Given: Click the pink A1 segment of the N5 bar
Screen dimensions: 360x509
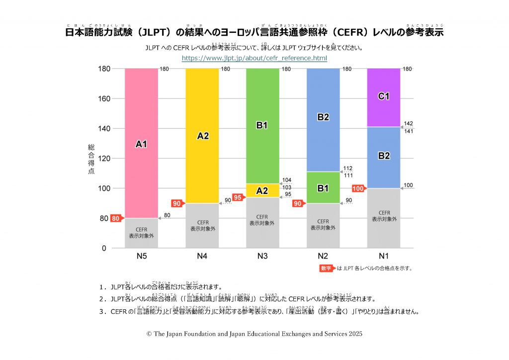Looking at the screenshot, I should (x=141, y=144).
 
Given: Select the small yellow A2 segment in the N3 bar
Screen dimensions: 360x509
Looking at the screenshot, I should (x=262, y=190).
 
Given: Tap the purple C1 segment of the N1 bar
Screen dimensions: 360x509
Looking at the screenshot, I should (x=383, y=97).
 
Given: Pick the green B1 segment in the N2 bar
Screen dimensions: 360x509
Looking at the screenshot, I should (x=323, y=188).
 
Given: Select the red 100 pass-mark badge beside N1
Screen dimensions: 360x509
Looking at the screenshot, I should (x=358, y=188).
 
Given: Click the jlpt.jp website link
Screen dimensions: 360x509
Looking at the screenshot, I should (x=254, y=58).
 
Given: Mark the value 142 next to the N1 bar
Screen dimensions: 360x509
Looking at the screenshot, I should (x=408, y=123).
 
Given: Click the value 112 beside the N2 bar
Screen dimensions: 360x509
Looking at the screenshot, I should (x=347, y=168).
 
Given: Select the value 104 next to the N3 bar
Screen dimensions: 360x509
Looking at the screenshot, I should (x=287, y=180).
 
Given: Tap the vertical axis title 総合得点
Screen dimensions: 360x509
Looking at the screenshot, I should (x=91, y=159).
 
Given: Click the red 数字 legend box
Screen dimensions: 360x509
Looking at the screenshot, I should (x=327, y=269).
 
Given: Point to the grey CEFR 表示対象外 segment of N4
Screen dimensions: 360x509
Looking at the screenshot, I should (x=202, y=226).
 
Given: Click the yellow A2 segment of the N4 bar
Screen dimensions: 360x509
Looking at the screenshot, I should (x=202, y=136).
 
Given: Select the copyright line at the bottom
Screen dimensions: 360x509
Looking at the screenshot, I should (x=254, y=334).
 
